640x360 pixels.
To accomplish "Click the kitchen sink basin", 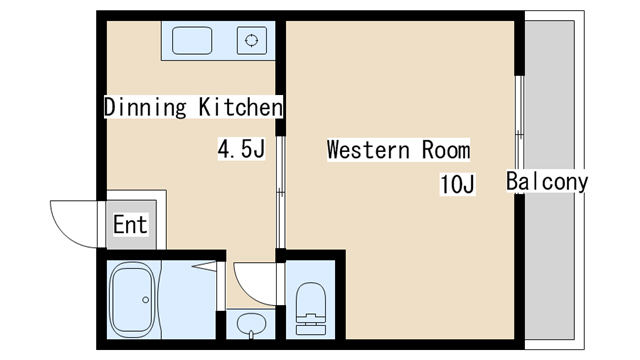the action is coord(192,40).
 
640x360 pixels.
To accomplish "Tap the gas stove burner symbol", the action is coord(252,40).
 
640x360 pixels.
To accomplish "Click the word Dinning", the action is coord(145,107).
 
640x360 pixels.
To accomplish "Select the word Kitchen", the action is coord(240,107).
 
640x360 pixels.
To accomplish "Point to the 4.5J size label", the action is coord(241,149).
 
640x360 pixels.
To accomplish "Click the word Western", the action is coord(368,150).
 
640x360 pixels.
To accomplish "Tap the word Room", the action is coord(446,150).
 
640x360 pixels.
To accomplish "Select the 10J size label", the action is coord(457,184).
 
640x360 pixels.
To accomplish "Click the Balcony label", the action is coord(547,182).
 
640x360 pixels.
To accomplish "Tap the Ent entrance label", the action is coord(130,224).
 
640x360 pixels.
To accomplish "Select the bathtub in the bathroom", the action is coord(133,300).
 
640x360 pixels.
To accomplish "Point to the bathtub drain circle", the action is coord(146,300).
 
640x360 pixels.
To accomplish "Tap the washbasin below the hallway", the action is coord(251,323).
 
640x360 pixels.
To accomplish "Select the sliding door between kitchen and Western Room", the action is coord(280,192).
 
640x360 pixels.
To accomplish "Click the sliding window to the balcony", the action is coord(519,135).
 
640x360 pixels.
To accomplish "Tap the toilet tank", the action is coord(311,324).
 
